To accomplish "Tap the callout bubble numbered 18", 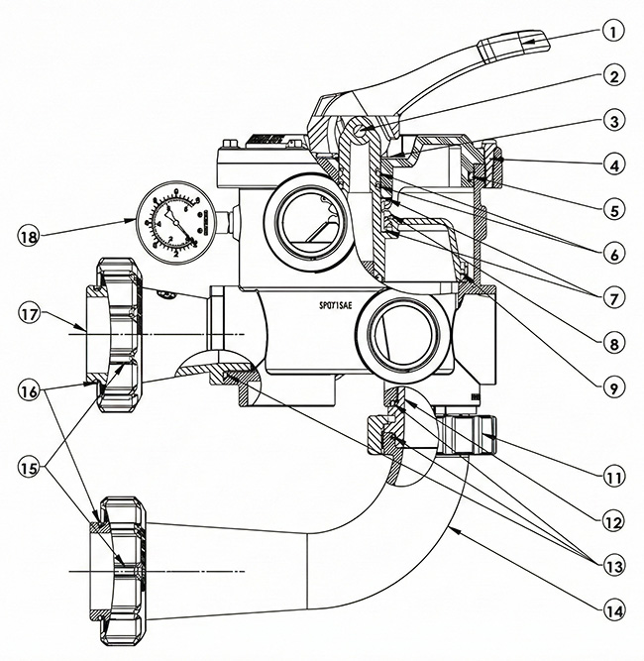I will tap(31, 236).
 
